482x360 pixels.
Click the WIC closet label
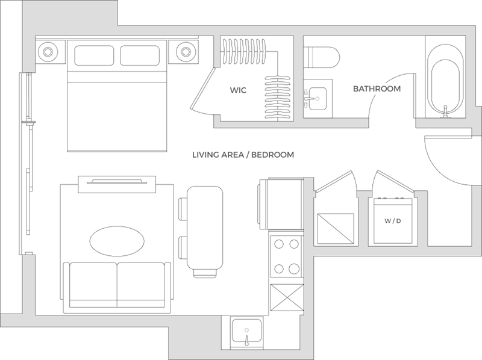click(238, 90)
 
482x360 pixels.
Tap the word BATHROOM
click(377, 88)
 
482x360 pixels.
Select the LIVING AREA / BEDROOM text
click(243, 155)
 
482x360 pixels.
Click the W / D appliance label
click(393, 221)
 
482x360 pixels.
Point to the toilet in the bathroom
click(322, 57)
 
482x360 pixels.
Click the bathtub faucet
click(445, 112)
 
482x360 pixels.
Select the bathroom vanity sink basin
click(318, 98)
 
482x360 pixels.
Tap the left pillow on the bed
click(94, 55)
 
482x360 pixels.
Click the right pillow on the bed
click(140, 55)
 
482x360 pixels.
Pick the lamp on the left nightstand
click(48, 52)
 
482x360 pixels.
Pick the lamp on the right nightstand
click(186, 52)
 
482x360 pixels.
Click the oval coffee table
click(117, 241)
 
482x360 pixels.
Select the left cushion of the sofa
click(93, 285)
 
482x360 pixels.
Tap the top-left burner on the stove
click(279, 244)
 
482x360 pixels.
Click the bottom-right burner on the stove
click(294, 268)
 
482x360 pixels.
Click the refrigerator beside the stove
click(282, 204)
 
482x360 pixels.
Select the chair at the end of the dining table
click(205, 273)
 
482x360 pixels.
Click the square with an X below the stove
click(287, 297)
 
